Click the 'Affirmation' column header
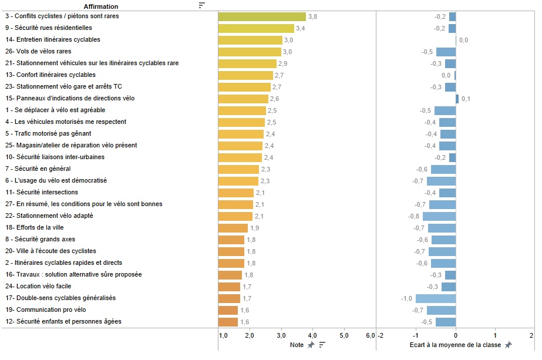[101, 6]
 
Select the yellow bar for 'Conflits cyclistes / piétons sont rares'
[262, 16]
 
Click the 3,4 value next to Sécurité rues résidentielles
[301, 28]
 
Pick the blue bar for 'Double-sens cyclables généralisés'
[436, 298]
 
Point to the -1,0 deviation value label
[406, 298]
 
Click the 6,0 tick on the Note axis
[371, 335]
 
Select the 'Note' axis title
[297, 345]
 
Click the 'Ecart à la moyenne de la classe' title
[456, 345]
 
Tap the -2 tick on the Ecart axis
[381, 335]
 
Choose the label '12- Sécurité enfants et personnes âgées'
[63, 322]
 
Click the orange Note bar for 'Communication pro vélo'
[228, 310]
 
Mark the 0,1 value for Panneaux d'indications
[466, 99]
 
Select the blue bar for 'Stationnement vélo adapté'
[439, 216]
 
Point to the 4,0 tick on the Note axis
[313, 335]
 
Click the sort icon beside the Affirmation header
[202, 5]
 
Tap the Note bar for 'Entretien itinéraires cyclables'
[250, 40]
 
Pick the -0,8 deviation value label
[414, 216]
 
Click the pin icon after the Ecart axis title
[509, 345]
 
